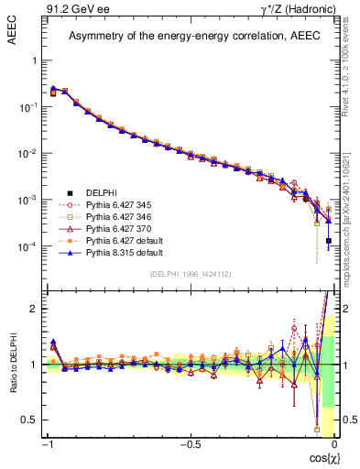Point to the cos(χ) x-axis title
[320, 457]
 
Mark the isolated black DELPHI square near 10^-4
[329, 241]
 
